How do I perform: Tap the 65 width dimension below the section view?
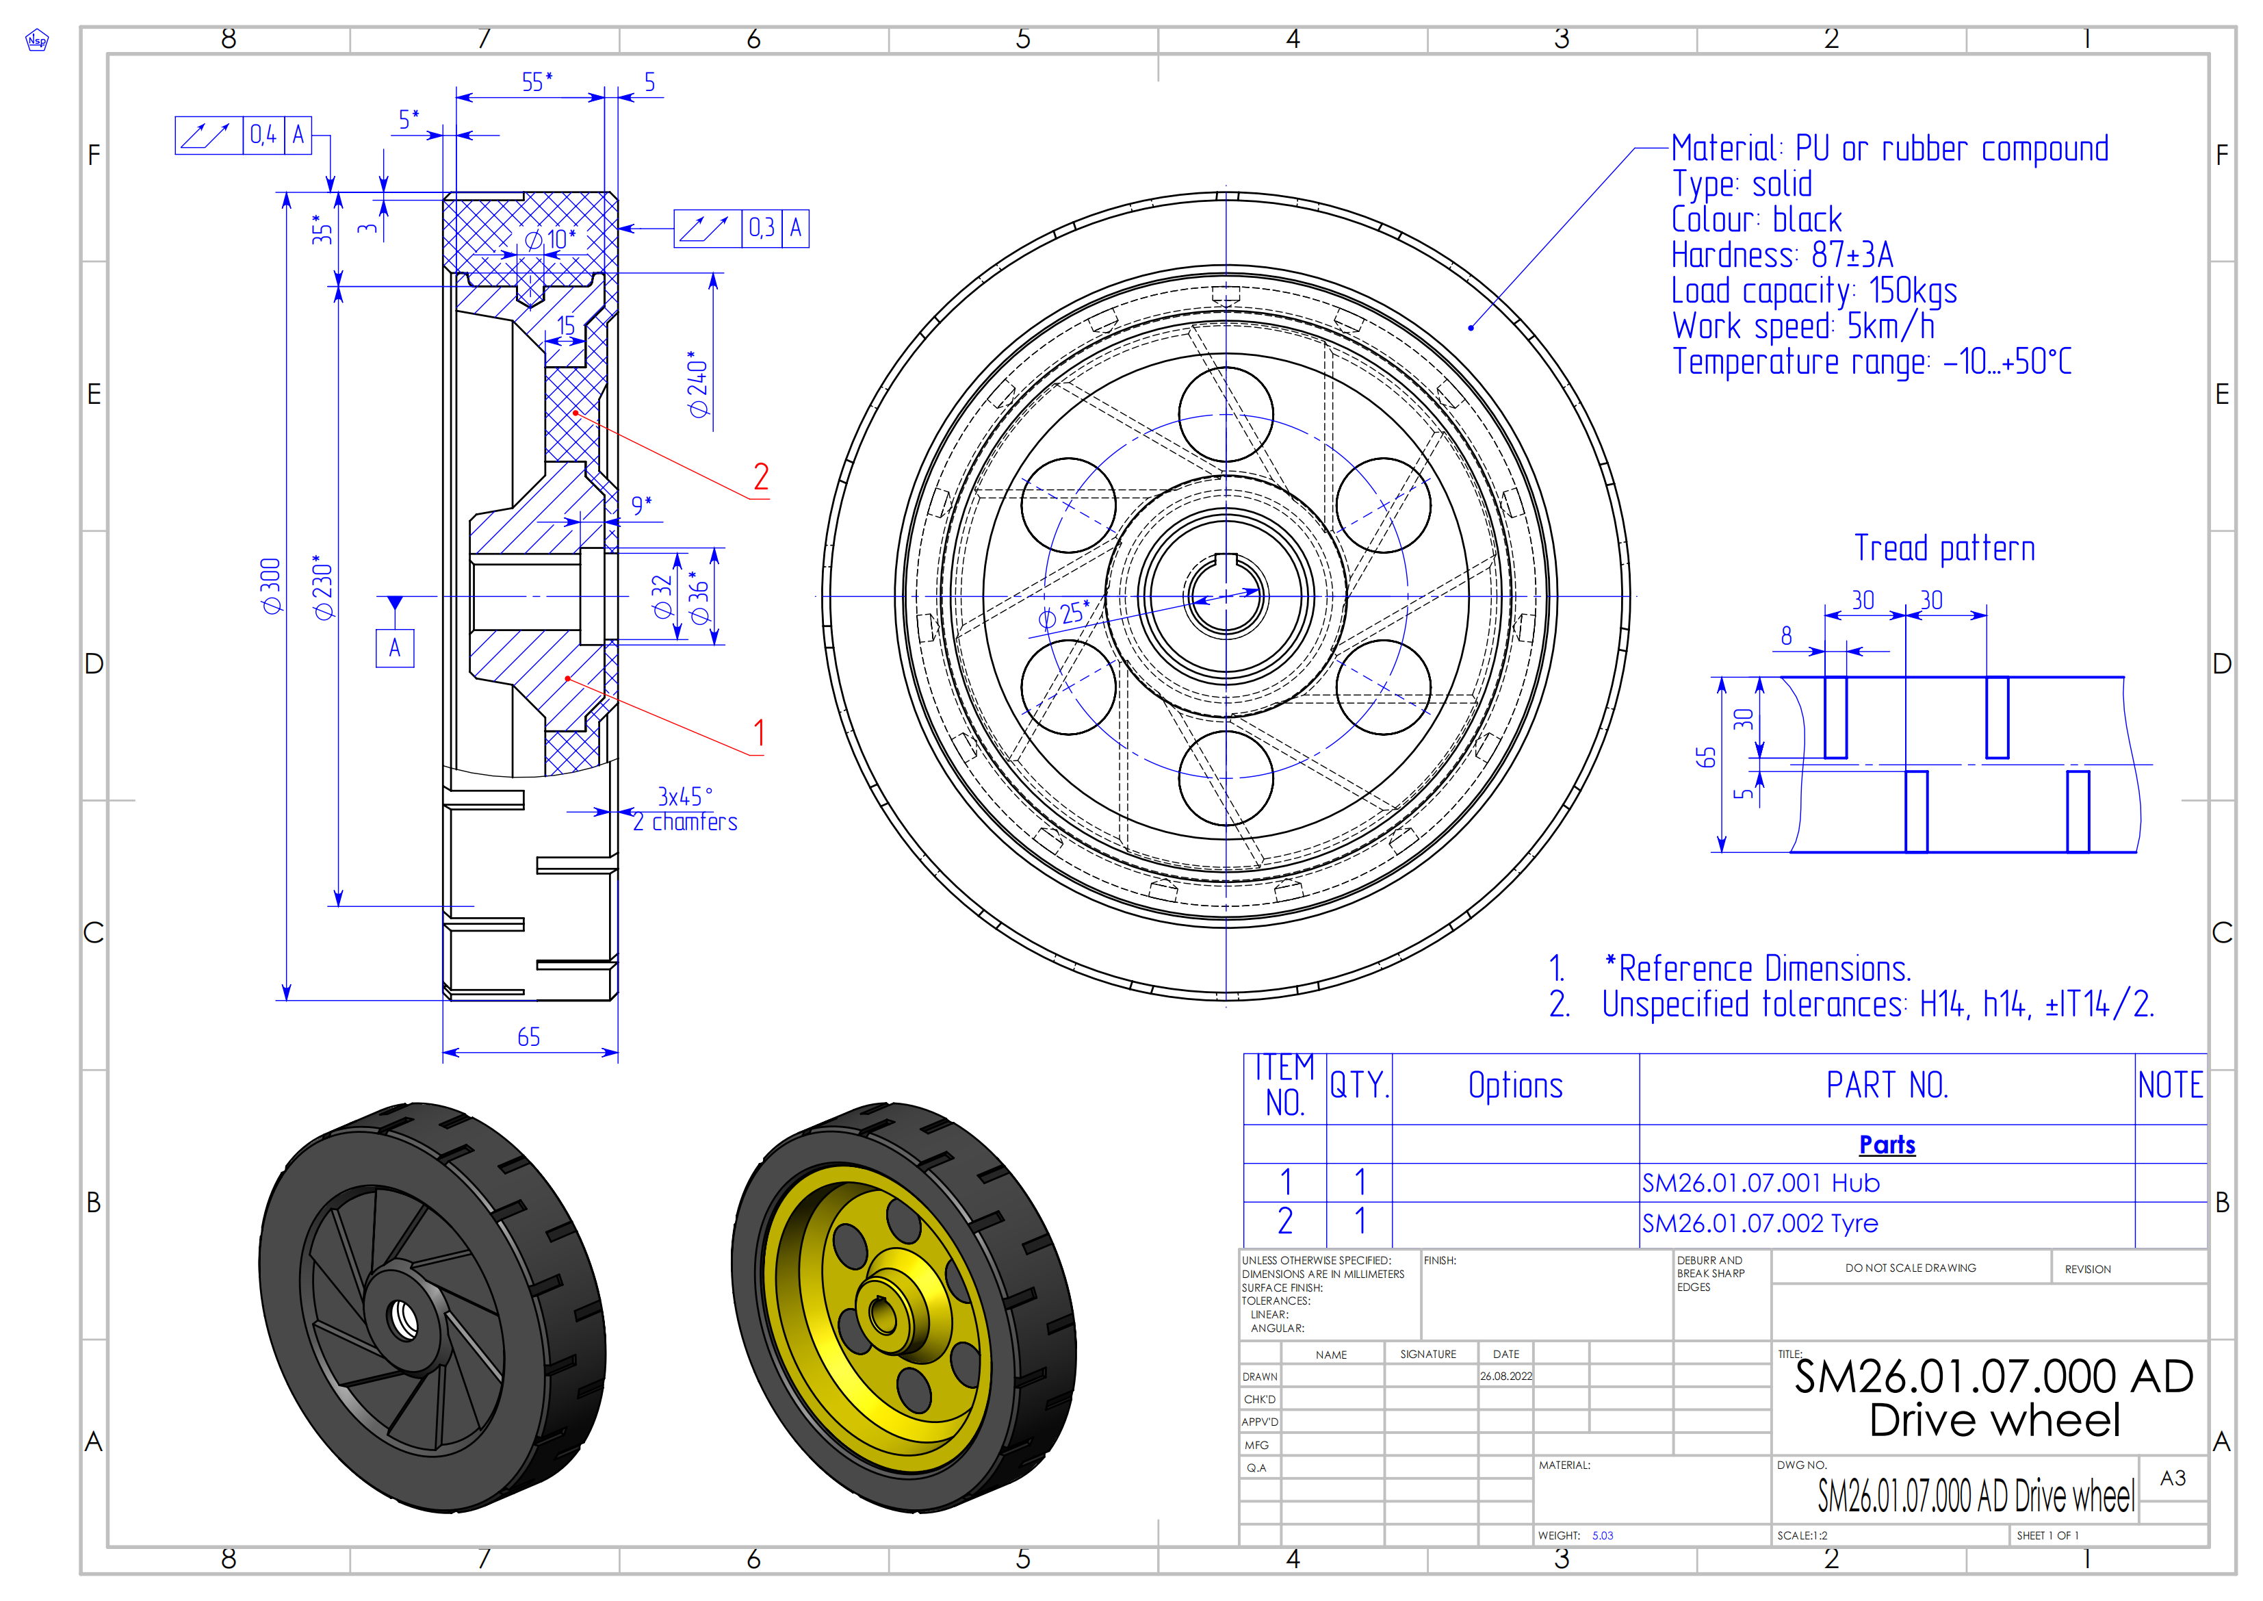[x=528, y=1037]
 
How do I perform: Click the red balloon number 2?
[x=761, y=477]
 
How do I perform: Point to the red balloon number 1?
[x=759, y=732]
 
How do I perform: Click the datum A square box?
[x=394, y=648]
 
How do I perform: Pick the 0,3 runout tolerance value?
[x=762, y=229]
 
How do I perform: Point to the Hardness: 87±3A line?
[x=1781, y=255]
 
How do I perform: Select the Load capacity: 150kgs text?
[x=1813, y=291]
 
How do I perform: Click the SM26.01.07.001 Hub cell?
[x=1760, y=1183]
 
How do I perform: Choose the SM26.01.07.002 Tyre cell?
[x=1759, y=1223]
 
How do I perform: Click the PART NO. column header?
[x=1887, y=1086]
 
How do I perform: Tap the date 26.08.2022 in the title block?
[x=1506, y=1376]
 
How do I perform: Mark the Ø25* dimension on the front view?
[x=1063, y=616]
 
